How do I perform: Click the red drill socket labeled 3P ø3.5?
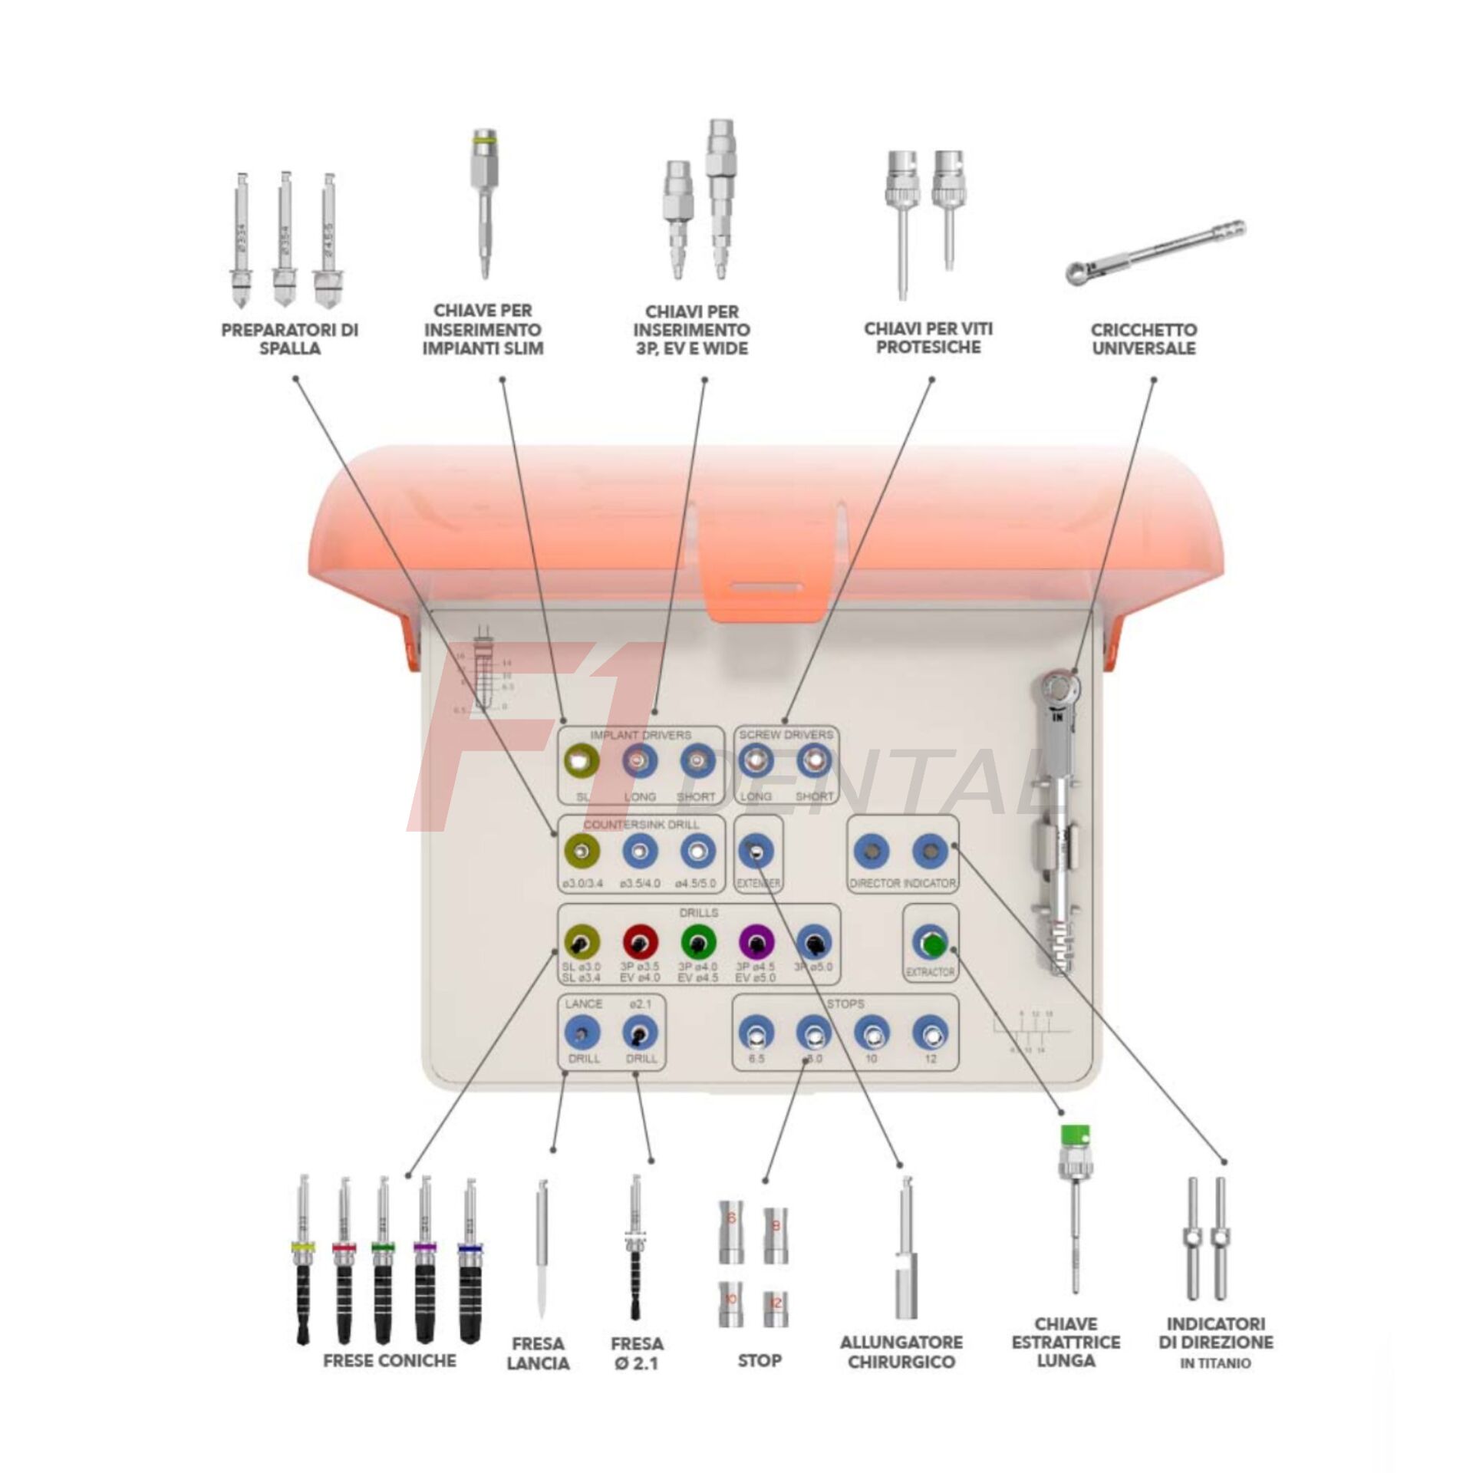pyautogui.click(x=640, y=942)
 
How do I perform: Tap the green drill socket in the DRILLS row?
pyautogui.click(x=698, y=942)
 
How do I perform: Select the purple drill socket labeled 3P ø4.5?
pyautogui.click(x=756, y=942)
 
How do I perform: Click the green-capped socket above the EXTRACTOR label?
pyautogui.click(x=931, y=944)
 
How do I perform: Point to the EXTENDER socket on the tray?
pyautogui.click(x=756, y=852)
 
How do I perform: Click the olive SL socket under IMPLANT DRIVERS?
pyautogui.click(x=582, y=762)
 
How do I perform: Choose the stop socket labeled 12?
pyautogui.click(x=930, y=1034)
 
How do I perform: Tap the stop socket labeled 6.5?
pyautogui.click(x=756, y=1034)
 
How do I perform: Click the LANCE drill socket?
pyautogui.click(x=582, y=1034)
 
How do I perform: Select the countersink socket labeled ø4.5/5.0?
pyautogui.click(x=697, y=852)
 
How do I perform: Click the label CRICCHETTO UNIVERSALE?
pyautogui.click(x=1143, y=339)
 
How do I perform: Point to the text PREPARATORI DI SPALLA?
pyautogui.click(x=289, y=339)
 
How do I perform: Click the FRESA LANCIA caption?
pyautogui.click(x=538, y=1353)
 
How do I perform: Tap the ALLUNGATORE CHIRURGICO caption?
pyautogui.click(x=901, y=1352)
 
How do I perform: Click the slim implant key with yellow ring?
pyautogui.click(x=484, y=203)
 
